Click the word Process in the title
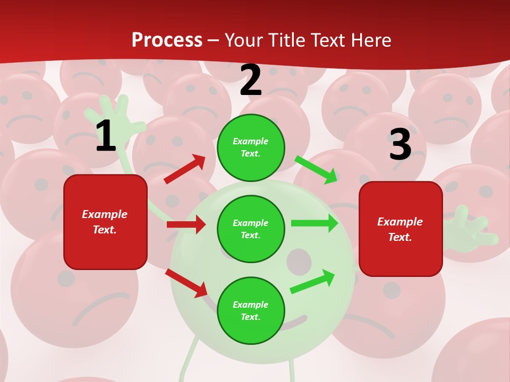[167, 40]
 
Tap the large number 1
[106, 136]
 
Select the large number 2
[251, 80]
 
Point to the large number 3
[400, 144]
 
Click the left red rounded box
[105, 222]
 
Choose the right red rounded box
[401, 229]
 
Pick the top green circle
[251, 147]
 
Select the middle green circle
[251, 229]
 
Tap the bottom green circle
[251, 310]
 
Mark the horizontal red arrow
[186, 224]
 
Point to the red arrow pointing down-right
[186, 283]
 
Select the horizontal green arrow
[314, 223]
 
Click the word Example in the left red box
[105, 214]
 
